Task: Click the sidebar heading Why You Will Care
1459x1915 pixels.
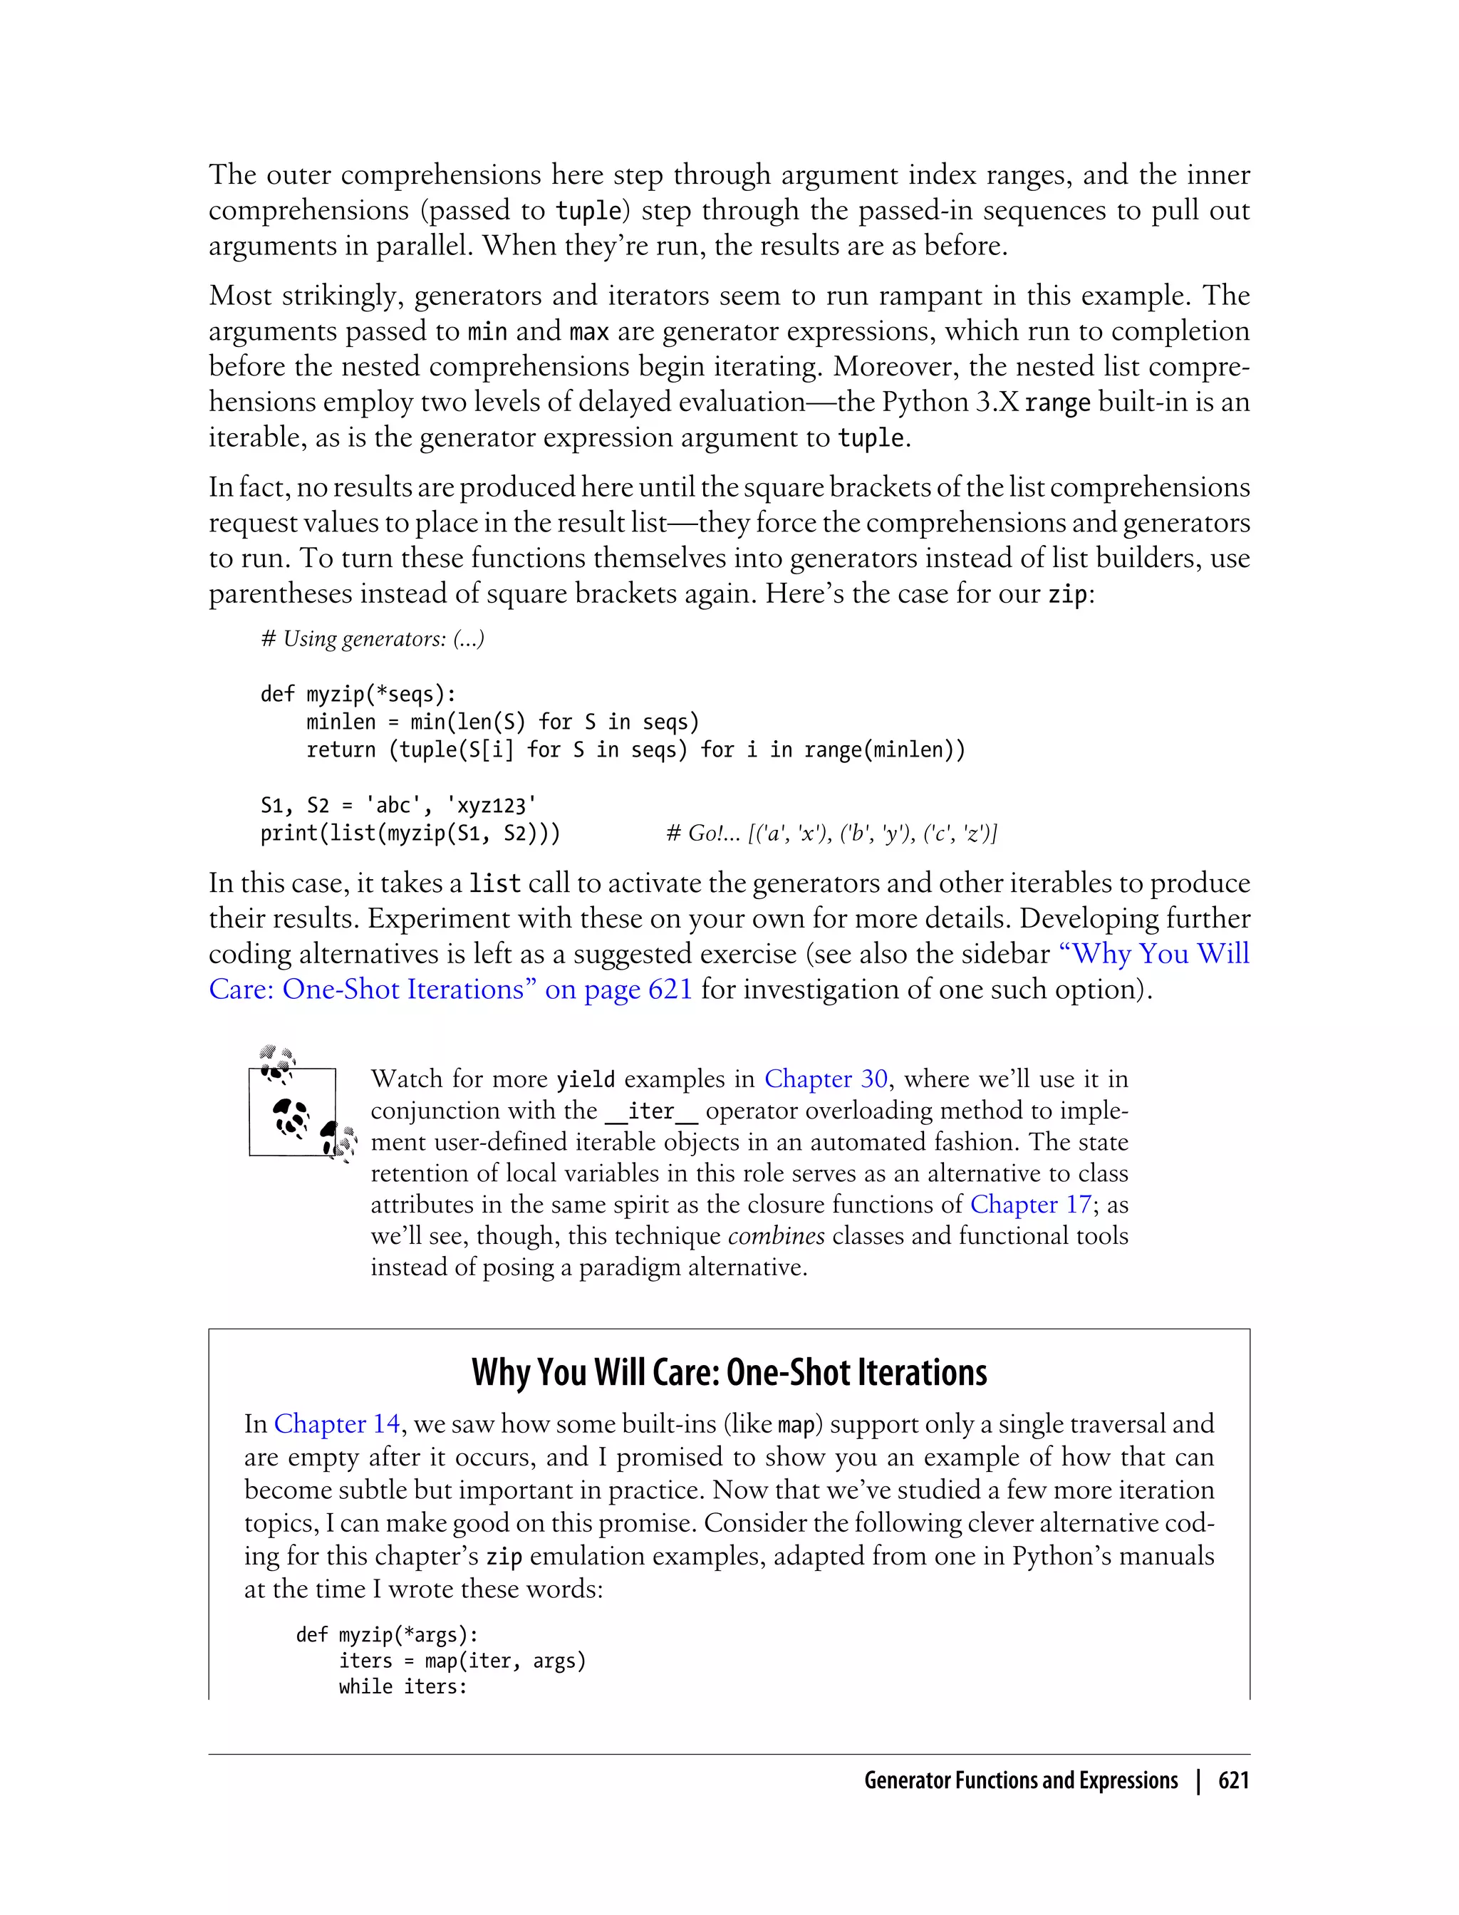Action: coord(729,1373)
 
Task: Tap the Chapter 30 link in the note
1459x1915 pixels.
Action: coord(825,1079)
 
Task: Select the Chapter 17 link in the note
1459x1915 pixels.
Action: coord(1030,1205)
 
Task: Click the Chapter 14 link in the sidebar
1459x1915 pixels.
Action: coord(336,1424)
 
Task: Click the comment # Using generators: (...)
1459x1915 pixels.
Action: coord(372,639)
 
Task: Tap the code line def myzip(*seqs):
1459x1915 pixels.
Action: coord(358,694)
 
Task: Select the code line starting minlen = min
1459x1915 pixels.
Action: coord(502,722)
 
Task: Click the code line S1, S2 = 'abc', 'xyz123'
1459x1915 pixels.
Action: coord(398,805)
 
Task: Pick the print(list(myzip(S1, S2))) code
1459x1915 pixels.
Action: coord(410,834)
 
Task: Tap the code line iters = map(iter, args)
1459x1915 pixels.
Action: coord(462,1661)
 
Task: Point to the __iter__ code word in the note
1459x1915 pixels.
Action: coord(650,1111)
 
